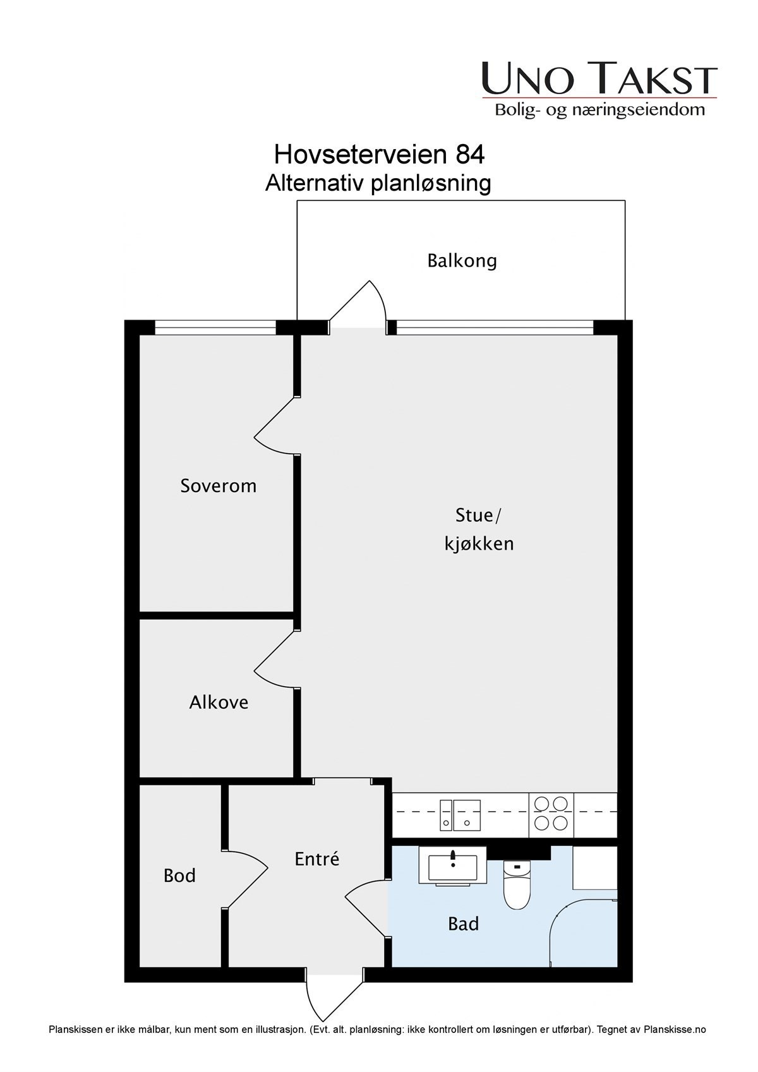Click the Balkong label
[x=462, y=261]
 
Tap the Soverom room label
[x=218, y=486]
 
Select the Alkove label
[x=219, y=702]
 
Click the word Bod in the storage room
[x=179, y=876]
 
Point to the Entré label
[x=317, y=859]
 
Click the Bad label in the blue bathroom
[x=463, y=924]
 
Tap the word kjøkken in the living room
[x=479, y=544]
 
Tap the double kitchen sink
[x=460, y=814]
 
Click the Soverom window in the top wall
[x=216, y=327]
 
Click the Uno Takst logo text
[x=599, y=79]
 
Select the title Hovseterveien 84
[x=379, y=154]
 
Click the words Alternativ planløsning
[x=378, y=183]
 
